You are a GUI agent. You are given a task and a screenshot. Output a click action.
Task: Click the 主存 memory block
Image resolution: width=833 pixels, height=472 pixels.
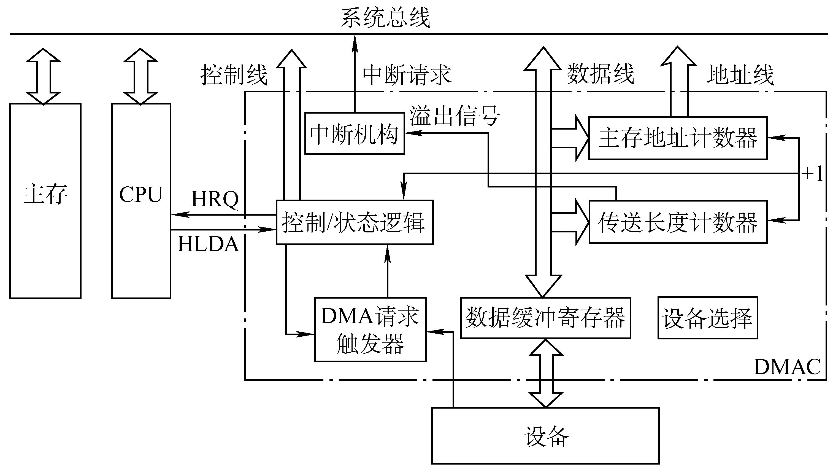(45, 201)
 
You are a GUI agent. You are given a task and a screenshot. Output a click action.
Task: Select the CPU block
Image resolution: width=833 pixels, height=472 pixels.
(141, 201)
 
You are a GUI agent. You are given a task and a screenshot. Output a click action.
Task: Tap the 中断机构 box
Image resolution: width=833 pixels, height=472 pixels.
(355, 133)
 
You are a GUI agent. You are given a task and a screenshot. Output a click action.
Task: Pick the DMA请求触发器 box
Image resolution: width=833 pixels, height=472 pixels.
(370, 329)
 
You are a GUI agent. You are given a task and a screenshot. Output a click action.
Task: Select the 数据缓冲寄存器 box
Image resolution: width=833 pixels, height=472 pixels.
(546, 318)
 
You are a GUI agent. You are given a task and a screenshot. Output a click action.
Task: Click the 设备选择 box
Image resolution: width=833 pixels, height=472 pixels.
(708, 318)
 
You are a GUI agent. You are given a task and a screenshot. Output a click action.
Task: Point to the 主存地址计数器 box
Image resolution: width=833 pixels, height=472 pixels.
(678, 138)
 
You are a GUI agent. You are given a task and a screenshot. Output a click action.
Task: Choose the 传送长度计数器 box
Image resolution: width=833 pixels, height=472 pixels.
(678, 222)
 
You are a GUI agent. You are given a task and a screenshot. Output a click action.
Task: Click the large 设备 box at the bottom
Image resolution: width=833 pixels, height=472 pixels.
(545, 436)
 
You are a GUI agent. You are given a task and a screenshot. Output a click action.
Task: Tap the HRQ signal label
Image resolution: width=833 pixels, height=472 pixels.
(215, 199)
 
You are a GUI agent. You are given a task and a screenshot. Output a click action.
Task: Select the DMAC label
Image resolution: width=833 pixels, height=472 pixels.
(787, 367)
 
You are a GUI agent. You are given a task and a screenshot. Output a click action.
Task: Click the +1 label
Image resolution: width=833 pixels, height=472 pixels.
(812, 174)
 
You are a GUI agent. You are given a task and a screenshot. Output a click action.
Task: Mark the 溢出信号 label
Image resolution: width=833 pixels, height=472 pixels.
(455, 116)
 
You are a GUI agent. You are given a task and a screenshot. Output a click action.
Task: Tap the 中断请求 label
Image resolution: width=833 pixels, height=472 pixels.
(407, 75)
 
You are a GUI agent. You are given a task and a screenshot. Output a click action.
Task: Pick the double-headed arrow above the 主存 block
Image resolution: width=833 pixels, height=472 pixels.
(44, 76)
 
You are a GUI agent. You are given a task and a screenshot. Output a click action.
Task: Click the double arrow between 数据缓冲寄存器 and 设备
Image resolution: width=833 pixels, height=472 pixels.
(545, 373)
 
